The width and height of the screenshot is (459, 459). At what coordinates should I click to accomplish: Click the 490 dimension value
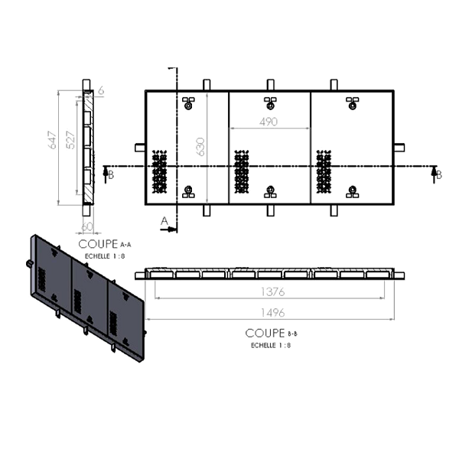269,122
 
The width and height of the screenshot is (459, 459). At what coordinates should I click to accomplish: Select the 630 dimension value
200,147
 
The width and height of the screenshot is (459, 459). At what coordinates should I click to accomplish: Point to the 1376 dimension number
273,292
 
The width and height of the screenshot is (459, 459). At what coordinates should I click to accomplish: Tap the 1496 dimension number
273,313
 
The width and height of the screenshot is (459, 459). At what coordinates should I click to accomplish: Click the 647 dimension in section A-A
53,140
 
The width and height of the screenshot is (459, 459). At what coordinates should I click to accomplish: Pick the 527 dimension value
71,140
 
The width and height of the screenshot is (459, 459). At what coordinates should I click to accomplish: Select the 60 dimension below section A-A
87,226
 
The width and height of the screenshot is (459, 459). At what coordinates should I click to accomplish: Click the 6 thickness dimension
101,90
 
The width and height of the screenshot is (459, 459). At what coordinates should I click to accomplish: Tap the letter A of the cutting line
164,221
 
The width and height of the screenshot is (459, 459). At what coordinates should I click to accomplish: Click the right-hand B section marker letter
439,175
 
